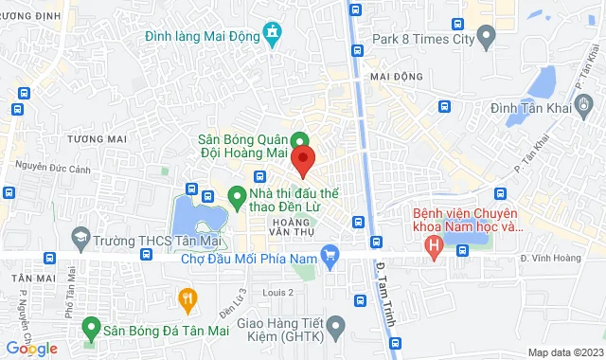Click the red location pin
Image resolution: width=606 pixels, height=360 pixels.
[303, 159]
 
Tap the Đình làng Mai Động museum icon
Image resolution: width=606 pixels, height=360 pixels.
[274, 36]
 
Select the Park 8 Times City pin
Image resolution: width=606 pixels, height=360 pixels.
[487, 39]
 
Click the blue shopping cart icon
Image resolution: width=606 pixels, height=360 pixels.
[330, 253]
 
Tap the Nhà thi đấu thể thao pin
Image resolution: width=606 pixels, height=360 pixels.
[237, 199]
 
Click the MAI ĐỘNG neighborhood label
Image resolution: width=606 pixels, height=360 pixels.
[395, 77]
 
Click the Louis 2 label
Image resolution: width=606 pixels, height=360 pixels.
[277, 293]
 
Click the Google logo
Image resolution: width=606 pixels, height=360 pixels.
[30, 349]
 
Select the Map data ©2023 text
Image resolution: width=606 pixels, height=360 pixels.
[564, 352]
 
